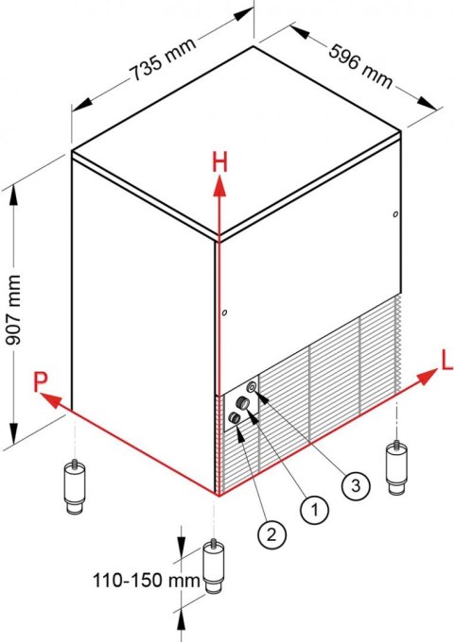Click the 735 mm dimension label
[x=164, y=59]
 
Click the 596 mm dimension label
[x=360, y=67]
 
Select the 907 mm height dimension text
[x=15, y=310]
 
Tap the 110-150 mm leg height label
[x=147, y=581]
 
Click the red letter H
[x=219, y=162]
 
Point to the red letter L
[x=446, y=361]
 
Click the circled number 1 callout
[x=315, y=510]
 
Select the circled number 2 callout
[x=271, y=534]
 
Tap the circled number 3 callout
[x=356, y=485]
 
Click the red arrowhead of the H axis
[x=220, y=185]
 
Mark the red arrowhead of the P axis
[x=50, y=400]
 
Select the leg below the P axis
[x=75, y=486]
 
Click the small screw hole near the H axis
[x=224, y=313]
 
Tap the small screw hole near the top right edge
[x=395, y=214]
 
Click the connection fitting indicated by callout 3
[x=252, y=386]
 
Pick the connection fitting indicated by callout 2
[x=235, y=418]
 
